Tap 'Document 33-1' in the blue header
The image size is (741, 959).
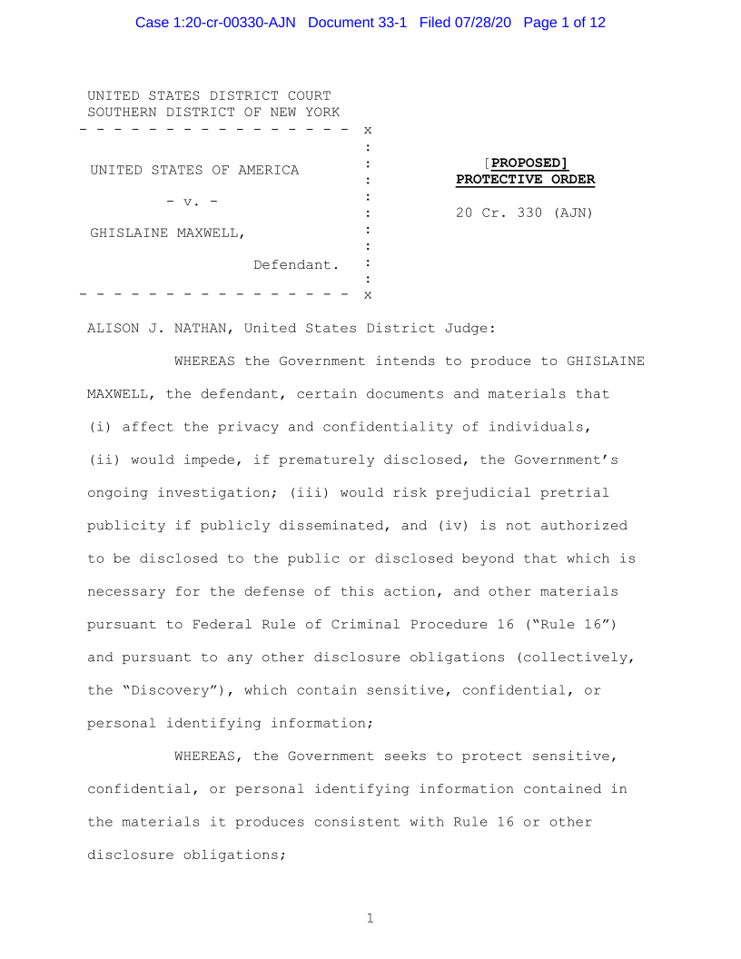360,23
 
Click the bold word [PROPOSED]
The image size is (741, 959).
526,163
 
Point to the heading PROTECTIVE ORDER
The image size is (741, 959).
525,180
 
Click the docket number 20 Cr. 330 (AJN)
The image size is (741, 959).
524,213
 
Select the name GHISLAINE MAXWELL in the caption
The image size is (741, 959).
166,232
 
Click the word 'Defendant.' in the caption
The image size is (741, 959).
296,265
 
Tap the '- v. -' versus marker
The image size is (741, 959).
193,201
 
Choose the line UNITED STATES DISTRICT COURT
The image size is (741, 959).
209,96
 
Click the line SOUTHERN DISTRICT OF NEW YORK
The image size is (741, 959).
213,113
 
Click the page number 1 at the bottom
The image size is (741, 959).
370,919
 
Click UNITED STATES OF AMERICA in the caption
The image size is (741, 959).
194,171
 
